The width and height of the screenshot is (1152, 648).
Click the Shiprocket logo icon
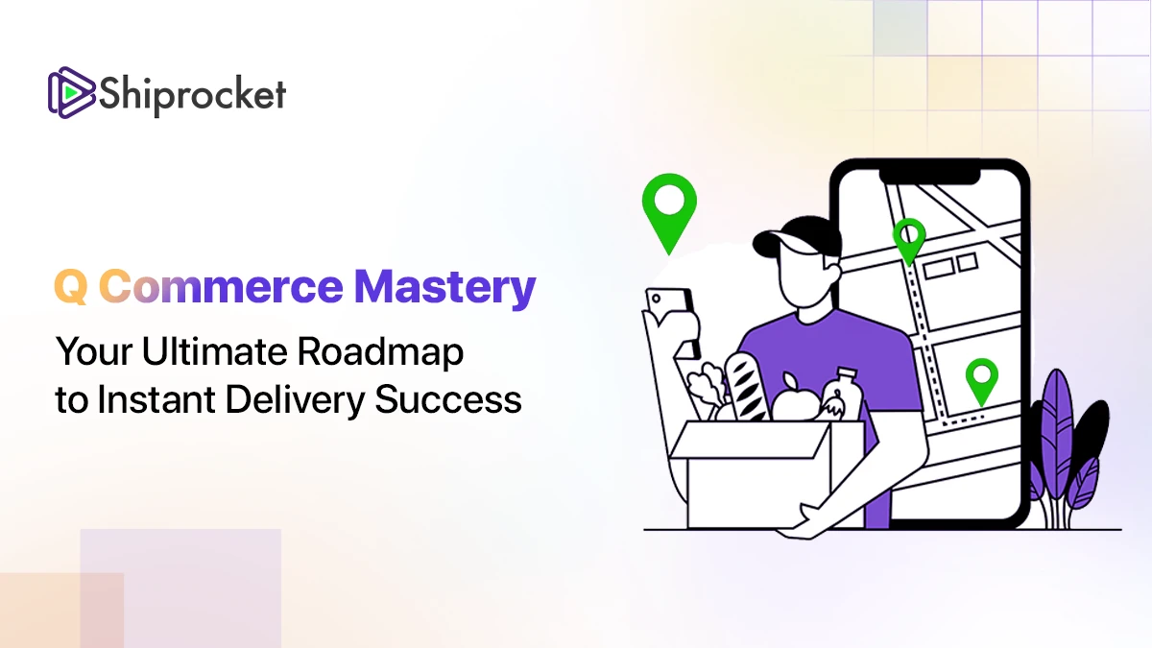(71, 92)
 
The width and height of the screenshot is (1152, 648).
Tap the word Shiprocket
(192, 95)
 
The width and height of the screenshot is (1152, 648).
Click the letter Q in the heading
(70, 286)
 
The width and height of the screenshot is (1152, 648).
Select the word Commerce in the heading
(221, 286)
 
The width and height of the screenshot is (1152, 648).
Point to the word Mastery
(445, 289)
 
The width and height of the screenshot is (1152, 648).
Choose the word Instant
(156, 399)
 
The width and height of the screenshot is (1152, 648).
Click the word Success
(448, 399)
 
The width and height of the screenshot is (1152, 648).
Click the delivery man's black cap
(797, 236)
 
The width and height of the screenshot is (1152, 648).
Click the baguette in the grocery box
(746, 387)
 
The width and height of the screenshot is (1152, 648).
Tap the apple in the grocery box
(796, 401)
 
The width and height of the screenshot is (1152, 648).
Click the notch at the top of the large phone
(930, 177)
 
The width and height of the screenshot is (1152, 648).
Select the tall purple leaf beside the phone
(1056, 436)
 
